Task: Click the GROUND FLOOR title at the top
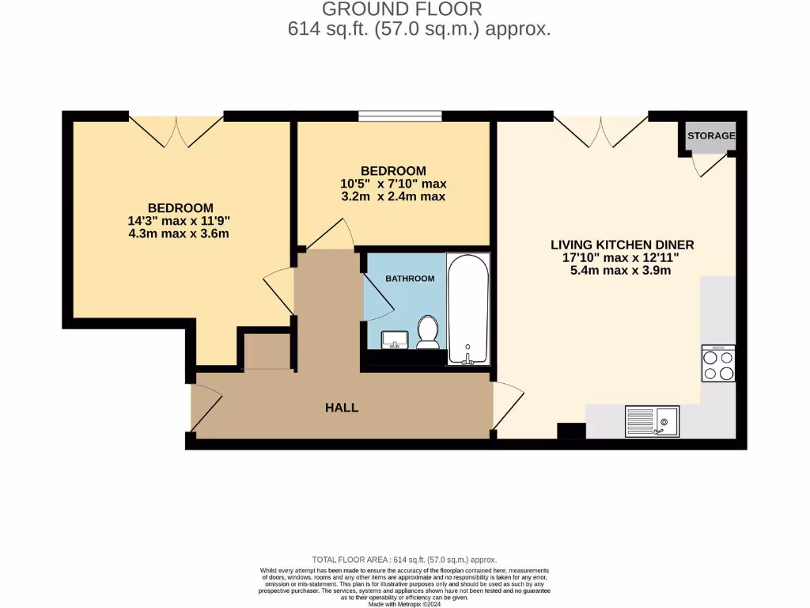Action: tap(401, 9)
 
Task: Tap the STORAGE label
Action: tap(711, 135)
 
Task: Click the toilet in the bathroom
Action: tap(428, 332)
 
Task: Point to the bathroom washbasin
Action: tap(394, 340)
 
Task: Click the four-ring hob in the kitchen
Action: tap(718, 363)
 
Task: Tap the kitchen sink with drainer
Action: tap(652, 420)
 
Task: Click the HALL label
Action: tap(342, 408)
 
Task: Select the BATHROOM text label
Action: tap(410, 279)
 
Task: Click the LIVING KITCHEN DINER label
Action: tap(622, 245)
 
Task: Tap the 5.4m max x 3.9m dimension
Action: tap(621, 270)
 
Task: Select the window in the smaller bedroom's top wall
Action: tap(399, 116)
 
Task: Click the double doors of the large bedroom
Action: tap(176, 131)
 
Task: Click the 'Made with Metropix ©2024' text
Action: tap(405, 604)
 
